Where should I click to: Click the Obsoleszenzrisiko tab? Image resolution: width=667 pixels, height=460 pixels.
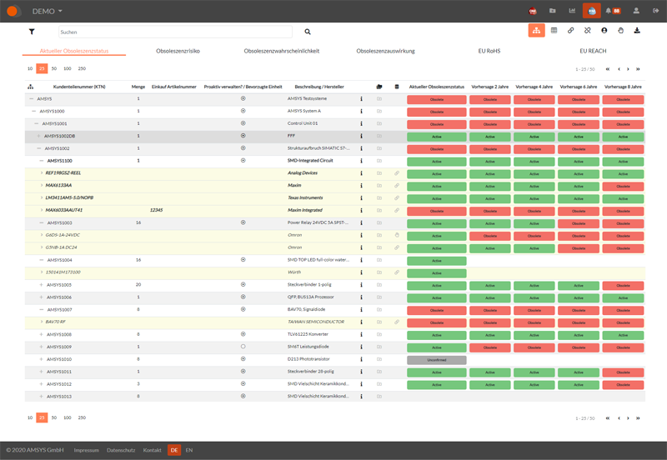coord(178,51)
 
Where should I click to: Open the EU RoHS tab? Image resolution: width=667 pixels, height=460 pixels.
coord(489,51)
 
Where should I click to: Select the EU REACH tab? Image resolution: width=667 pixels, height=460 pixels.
coord(593,51)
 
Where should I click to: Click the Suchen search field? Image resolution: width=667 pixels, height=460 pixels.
coord(174,32)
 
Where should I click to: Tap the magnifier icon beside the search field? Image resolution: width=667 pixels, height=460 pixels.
coord(307,32)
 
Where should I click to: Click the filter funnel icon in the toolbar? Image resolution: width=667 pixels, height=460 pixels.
coord(32,32)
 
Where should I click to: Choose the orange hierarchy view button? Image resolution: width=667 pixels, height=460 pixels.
coord(536,31)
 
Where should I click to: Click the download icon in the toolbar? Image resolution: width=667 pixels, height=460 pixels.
coord(637,31)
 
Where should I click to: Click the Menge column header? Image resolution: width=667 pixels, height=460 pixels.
coord(138,87)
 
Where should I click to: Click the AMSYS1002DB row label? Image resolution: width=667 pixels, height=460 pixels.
coord(60,135)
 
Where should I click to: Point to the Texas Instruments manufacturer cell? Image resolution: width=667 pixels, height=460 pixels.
coord(305,197)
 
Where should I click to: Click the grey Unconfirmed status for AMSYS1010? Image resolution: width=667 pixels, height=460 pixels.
coord(436,359)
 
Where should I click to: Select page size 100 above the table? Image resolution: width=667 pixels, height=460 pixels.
coord(68,68)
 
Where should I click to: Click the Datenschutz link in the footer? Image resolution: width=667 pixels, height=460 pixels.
coord(120,450)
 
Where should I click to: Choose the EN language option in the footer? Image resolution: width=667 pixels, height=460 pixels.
coord(188,450)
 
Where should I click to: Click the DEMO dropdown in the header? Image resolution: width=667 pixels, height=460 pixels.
coord(47,11)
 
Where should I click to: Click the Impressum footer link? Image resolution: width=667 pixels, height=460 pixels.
coord(86,450)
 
